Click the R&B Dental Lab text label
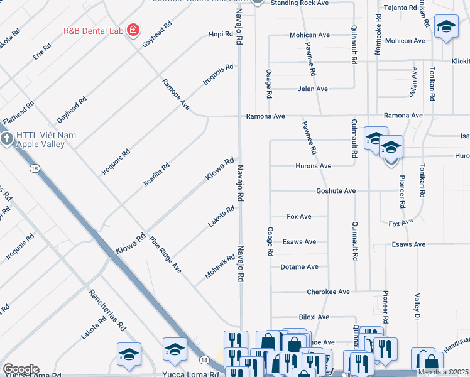93,30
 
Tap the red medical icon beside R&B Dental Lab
133,30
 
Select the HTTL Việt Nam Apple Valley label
41,139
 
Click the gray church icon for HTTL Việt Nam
6,139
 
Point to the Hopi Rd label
221,34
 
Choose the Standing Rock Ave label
299,3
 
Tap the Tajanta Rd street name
400,8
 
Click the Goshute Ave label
336,191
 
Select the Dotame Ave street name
299,267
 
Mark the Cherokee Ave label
328,292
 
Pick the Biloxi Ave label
314,317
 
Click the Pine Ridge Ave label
165,254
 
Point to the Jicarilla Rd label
156,176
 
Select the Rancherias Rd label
107,310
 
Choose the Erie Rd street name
43,52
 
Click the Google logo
20,369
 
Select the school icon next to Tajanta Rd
446,27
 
